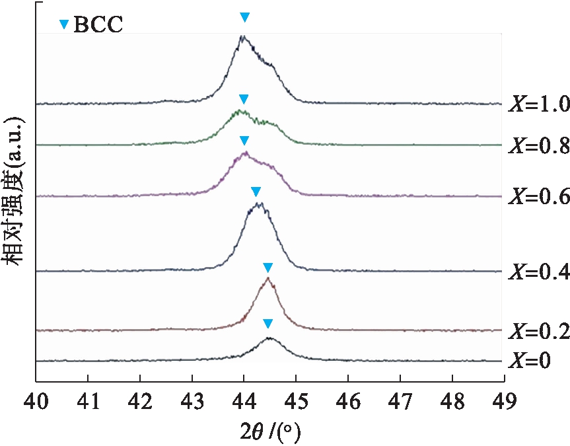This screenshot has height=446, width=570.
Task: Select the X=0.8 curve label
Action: tap(538, 145)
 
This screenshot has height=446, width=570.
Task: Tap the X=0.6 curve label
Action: tap(538, 196)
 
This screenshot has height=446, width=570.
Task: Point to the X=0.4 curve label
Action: tap(538, 272)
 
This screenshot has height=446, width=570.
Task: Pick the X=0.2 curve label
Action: tap(538, 332)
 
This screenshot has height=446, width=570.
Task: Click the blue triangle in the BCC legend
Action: tap(64, 25)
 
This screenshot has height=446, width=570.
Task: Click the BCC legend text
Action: tap(98, 25)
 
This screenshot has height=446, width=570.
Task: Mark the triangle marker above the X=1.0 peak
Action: tap(245, 17)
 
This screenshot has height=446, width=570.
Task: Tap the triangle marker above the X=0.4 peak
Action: tap(256, 192)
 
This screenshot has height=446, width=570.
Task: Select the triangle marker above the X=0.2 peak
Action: tap(267, 268)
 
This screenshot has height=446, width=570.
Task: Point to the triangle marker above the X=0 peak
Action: tap(267, 324)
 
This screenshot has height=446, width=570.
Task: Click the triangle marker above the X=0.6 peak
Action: tap(244, 141)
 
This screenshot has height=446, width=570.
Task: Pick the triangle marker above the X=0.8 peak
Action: tap(244, 99)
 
